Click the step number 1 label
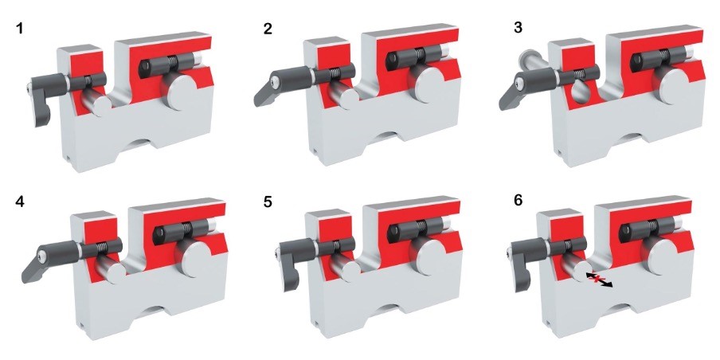click(19, 29)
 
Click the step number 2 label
click(268, 29)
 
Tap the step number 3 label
click(518, 28)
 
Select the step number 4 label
click(20, 202)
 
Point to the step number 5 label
click(268, 202)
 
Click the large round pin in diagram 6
click(662, 256)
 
